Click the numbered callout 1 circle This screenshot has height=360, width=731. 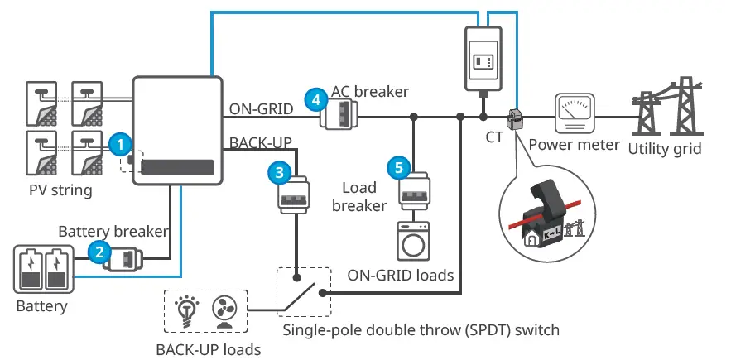(x=121, y=143)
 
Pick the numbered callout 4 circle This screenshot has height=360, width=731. (x=314, y=99)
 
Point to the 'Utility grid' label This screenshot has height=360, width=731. (x=664, y=149)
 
